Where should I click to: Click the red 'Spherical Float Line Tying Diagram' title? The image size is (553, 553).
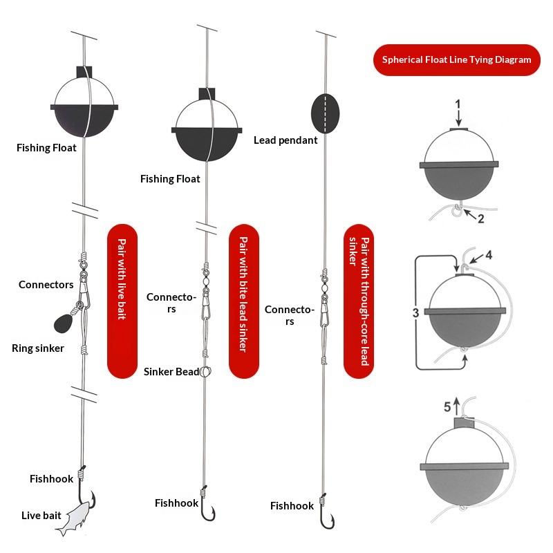(457, 59)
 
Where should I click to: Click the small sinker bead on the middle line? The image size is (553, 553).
(205, 372)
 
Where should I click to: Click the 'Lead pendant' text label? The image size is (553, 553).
(285, 140)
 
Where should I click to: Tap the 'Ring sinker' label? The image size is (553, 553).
(37, 348)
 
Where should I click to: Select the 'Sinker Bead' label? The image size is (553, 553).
(171, 372)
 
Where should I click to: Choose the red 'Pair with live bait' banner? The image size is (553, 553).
(122, 300)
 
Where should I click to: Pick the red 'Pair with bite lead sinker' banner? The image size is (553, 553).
(243, 301)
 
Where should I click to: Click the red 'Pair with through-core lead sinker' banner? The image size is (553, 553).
(359, 301)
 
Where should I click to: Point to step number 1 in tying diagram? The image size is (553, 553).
(457, 104)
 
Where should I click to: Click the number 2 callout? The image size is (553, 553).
(481, 220)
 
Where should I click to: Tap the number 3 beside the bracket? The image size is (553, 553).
(416, 313)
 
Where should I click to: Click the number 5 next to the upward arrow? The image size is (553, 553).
(447, 406)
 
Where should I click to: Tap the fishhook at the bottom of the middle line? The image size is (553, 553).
(207, 508)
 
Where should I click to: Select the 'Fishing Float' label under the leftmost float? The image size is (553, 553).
(47, 148)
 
